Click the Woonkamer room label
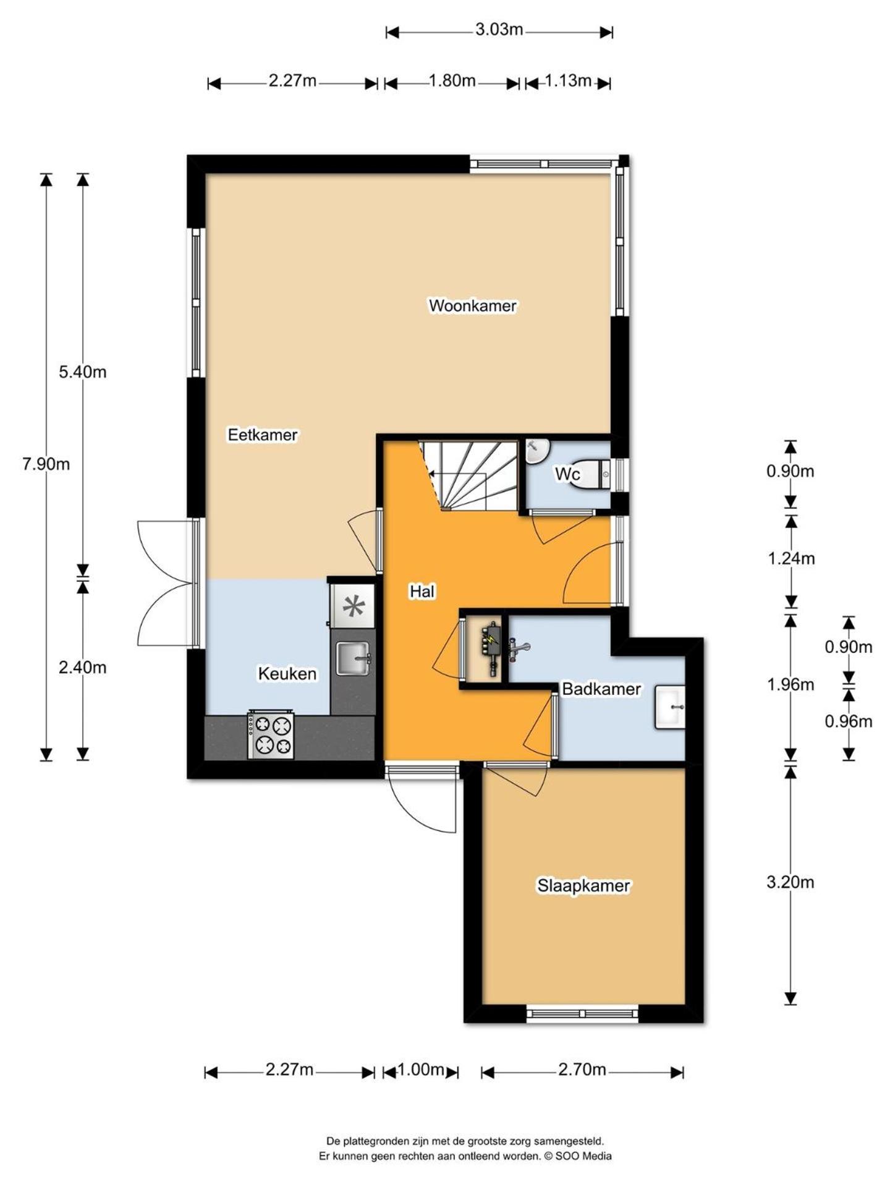[472, 305]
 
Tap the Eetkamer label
[262, 435]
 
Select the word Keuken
[287, 673]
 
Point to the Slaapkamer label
[583, 885]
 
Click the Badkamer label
[601, 689]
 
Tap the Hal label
[422, 592]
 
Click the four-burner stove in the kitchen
[271, 735]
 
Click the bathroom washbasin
[670, 707]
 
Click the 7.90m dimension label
[46, 464]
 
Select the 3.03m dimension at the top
[499, 29]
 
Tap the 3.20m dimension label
[790, 882]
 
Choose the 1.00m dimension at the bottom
[420, 1070]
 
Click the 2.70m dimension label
[582, 1070]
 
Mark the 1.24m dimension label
[790, 558]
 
